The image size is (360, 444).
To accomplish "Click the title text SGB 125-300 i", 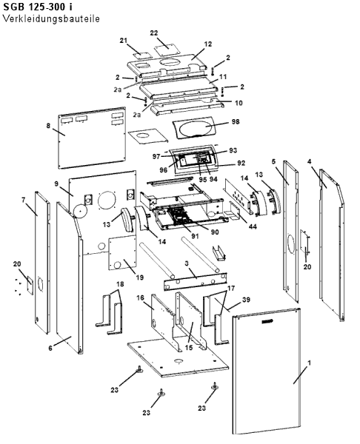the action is coord(38,7).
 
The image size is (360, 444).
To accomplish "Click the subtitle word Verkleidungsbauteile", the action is coord(51,19).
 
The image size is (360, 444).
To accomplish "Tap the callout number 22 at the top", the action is coord(153,33).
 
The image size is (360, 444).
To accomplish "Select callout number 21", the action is coord(123,41).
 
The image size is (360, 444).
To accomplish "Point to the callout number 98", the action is coord(236,121).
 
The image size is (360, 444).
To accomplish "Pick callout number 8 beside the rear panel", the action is coord(48,125).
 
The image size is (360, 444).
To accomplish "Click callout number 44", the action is coord(253,226).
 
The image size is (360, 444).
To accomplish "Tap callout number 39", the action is coord(246,300).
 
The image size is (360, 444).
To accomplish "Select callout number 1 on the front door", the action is coord(310,363).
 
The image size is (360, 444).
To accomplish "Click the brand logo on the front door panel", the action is coord(267,321).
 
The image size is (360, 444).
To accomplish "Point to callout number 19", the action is coord(140,277).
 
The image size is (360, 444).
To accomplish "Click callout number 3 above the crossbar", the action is coord(187,263).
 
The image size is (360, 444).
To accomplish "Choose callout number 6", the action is coord(50,348).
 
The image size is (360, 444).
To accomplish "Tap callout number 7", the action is coord(23,201).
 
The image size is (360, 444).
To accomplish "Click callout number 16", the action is coord(140,298).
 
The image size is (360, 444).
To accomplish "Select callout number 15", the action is coord(188,348).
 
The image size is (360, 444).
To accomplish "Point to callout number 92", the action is coord(241,163).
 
